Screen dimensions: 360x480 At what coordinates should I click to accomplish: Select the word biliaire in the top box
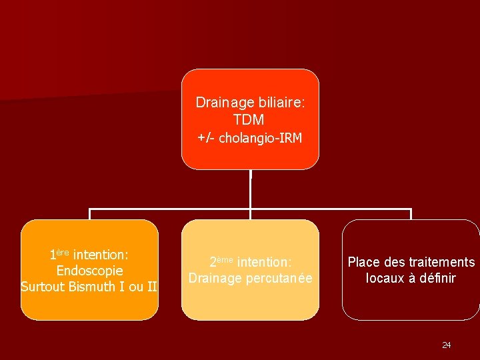point(280,103)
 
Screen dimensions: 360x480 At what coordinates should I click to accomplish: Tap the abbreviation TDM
point(249,120)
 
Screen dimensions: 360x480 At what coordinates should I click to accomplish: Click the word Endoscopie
point(89,271)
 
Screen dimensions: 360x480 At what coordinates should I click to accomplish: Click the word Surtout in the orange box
point(43,287)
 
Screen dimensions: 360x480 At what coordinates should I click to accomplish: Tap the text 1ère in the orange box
point(59,255)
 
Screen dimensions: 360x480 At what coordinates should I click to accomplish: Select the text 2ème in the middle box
point(221,261)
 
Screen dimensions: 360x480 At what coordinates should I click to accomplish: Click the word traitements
point(441,262)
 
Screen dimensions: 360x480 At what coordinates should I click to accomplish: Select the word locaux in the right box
point(385,278)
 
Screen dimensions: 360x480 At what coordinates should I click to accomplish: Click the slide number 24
point(446,345)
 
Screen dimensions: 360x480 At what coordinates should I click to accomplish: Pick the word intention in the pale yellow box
point(265,261)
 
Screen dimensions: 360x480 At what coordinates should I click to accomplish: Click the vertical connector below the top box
point(250,189)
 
